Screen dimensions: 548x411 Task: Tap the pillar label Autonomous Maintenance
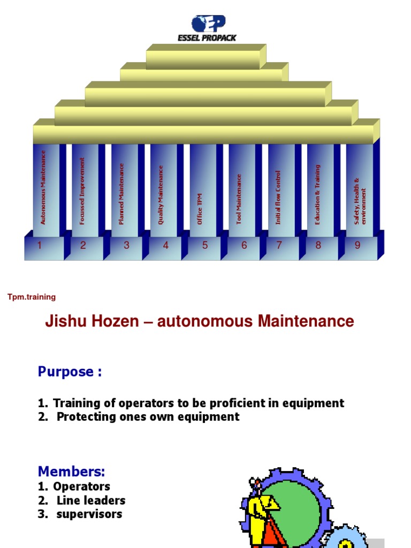click(x=43, y=187)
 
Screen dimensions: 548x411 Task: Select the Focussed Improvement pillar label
click(x=82, y=191)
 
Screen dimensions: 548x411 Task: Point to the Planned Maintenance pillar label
click(x=121, y=194)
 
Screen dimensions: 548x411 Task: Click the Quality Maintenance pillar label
click(x=161, y=194)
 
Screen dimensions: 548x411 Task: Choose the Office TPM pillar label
click(x=200, y=209)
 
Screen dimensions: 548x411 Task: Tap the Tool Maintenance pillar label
click(x=239, y=199)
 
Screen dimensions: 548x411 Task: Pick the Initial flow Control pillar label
click(x=278, y=197)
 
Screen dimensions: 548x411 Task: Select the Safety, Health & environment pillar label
click(x=360, y=201)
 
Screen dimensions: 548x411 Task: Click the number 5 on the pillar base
click(x=205, y=246)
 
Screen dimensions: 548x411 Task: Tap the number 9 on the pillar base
click(x=357, y=246)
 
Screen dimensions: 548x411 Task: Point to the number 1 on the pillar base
click(x=39, y=246)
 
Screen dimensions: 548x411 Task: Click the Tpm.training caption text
click(x=32, y=297)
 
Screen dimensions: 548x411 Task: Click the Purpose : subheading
click(x=70, y=372)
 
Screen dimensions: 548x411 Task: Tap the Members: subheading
click(x=71, y=471)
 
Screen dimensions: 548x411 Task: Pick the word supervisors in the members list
click(x=89, y=514)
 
